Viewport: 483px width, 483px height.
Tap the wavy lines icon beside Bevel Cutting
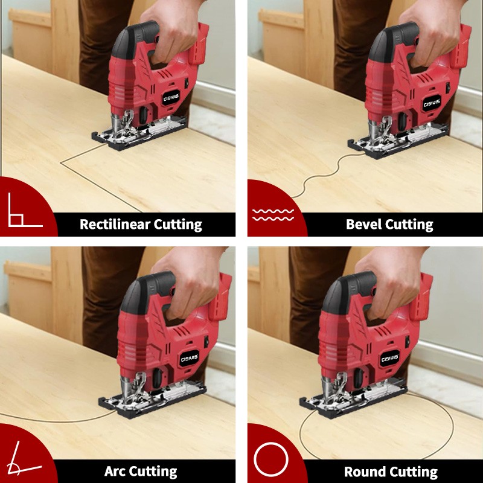273,215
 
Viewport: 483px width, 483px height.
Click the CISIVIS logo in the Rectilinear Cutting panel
171,98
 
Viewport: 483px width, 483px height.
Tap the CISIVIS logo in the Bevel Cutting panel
432,103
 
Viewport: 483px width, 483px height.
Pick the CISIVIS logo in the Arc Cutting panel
189,359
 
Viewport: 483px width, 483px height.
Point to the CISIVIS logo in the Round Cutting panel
390,358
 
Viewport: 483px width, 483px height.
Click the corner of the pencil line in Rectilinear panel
61,162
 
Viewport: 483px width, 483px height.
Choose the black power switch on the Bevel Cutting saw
447,87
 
